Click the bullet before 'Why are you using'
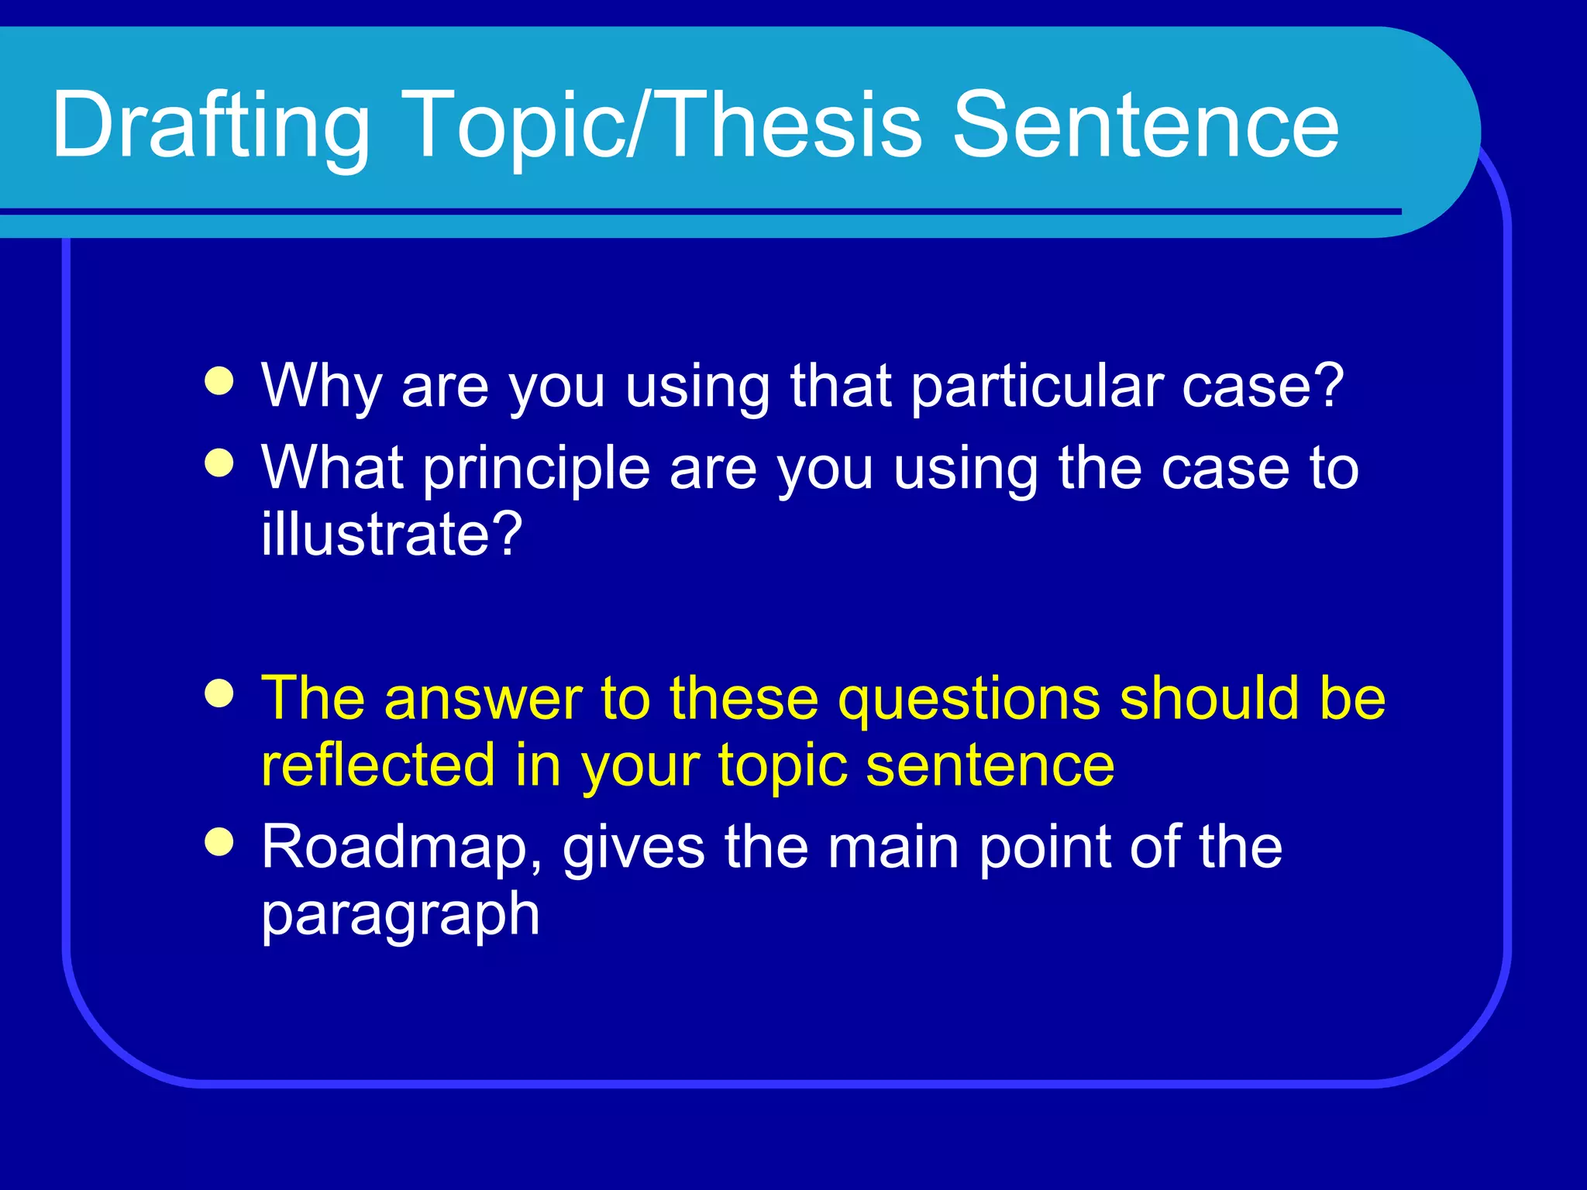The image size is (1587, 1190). [x=219, y=381]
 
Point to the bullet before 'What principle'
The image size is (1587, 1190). [x=219, y=463]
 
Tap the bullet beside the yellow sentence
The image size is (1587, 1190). [x=219, y=693]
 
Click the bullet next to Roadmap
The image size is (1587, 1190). [x=219, y=843]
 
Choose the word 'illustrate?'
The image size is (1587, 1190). [x=392, y=535]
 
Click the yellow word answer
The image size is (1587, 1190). [x=483, y=699]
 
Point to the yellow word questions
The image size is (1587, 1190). [x=969, y=699]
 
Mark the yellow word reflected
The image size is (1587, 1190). [x=378, y=765]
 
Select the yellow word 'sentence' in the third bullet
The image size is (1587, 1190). [x=990, y=765]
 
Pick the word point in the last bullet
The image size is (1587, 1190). [x=1045, y=848]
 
